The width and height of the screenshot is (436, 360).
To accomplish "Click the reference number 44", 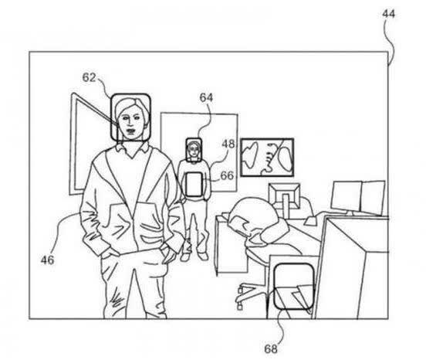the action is point(388,14).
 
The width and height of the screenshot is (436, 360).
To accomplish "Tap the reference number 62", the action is point(89,77).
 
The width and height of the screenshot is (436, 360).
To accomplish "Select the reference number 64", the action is point(206,98).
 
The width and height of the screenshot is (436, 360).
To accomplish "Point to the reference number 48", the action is point(228,144).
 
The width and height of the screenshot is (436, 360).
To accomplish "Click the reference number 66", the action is point(227,175).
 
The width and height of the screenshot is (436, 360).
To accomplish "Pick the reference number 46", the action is point(47,260).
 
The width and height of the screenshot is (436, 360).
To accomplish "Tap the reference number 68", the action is point(271,349).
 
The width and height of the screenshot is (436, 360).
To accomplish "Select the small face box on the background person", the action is point(194,150).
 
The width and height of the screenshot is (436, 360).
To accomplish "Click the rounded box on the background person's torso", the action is point(194,185).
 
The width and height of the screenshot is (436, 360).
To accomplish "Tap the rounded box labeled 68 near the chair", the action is point(295,286).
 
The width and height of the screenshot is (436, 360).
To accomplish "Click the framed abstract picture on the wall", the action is point(267,158).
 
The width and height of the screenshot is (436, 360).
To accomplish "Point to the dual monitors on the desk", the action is point(359,198).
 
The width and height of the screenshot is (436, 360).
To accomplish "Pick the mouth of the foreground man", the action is point(130,130).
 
